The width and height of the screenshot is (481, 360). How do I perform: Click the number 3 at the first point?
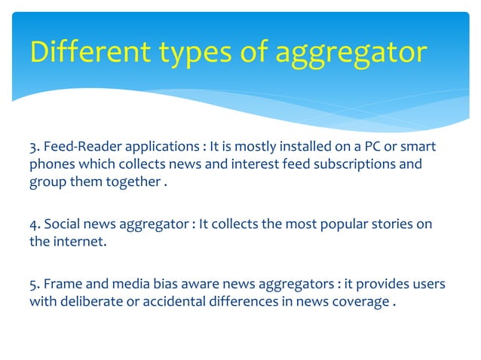33,145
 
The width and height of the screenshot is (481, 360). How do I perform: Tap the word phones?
51,163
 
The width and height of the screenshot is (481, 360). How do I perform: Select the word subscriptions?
357,163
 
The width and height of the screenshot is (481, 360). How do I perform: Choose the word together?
130,182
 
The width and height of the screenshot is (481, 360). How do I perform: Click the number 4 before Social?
34,225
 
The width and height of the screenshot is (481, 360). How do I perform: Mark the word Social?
62,225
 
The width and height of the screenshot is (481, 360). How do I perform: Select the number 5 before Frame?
33,284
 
